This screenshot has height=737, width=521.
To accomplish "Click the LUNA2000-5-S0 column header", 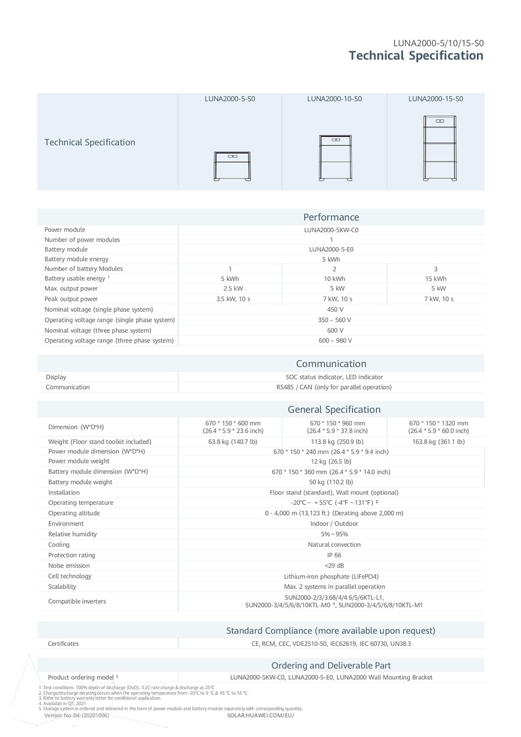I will click(x=230, y=99).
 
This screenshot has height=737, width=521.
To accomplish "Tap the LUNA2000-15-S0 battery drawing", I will click(x=440, y=148).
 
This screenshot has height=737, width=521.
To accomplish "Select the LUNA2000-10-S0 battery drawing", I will click(x=335, y=157).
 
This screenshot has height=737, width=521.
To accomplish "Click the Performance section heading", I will click(x=331, y=217).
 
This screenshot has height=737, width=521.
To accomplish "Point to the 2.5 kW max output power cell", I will click(x=233, y=289).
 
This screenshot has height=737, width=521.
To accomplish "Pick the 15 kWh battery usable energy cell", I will click(x=436, y=279).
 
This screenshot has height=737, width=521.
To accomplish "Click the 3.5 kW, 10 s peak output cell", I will click(x=233, y=299).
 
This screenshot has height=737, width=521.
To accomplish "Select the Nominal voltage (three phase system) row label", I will click(x=98, y=330).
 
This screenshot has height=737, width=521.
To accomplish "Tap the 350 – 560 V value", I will click(x=334, y=320).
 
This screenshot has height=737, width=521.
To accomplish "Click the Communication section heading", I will click(x=331, y=364).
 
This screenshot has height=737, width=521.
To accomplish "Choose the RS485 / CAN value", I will click(x=334, y=387).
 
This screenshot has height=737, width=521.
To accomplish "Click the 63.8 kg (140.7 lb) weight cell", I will click(x=233, y=442).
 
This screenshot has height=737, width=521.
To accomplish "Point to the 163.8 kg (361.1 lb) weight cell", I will click(x=438, y=442).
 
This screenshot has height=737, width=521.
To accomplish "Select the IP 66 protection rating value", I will click(x=334, y=555).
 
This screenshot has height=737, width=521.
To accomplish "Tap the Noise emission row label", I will click(x=69, y=566).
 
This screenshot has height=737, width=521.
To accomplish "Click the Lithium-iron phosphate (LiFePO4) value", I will click(x=331, y=577).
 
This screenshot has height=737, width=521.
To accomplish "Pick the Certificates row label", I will click(x=63, y=644).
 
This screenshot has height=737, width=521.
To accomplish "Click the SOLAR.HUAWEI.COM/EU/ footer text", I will click(x=260, y=715).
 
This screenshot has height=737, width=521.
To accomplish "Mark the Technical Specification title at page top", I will click(x=416, y=56).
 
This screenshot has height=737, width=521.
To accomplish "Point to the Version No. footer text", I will click(x=77, y=715).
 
